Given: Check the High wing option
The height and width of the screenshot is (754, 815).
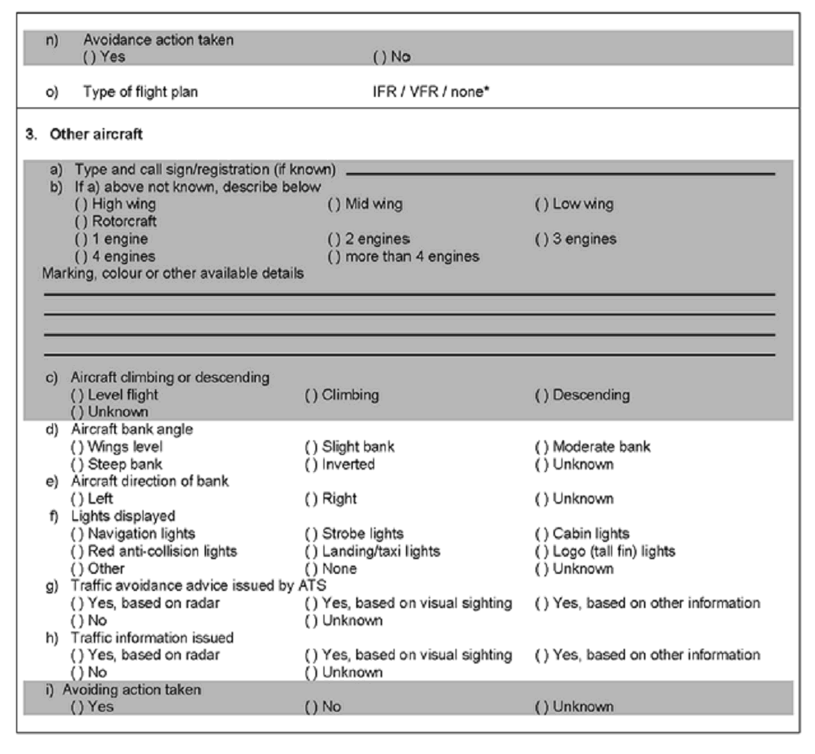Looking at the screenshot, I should (x=80, y=205).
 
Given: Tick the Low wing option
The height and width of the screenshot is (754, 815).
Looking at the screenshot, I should (x=541, y=205).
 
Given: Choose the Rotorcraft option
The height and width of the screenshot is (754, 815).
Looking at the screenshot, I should (x=80, y=221).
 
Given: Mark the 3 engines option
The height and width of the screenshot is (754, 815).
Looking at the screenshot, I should (x=541, y=240).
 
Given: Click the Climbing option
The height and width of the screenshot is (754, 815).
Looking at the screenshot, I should (x=311, y=395).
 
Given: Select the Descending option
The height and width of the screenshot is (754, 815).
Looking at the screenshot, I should (x=541, y=395).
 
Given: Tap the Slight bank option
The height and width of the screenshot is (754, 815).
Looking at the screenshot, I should (x=311, y=447).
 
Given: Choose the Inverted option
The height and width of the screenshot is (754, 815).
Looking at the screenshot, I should (x=311, y=464).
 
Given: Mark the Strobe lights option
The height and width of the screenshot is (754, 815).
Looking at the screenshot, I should (x=311, y=534).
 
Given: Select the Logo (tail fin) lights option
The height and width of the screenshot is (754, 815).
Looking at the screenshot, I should (x=541, y=552).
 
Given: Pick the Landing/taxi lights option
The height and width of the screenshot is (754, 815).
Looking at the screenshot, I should (x=311, y=552).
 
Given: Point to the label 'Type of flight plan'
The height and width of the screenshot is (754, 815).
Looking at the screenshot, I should (x=140, y=92).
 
